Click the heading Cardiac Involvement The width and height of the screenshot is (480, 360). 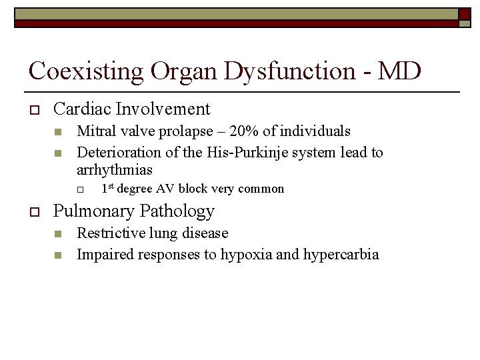tap(131, 109)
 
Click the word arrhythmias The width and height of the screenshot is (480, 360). tap(115, 170)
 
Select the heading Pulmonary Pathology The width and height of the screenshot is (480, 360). tap(133, 211)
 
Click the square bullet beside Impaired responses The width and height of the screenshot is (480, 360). tap(57, 255)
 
